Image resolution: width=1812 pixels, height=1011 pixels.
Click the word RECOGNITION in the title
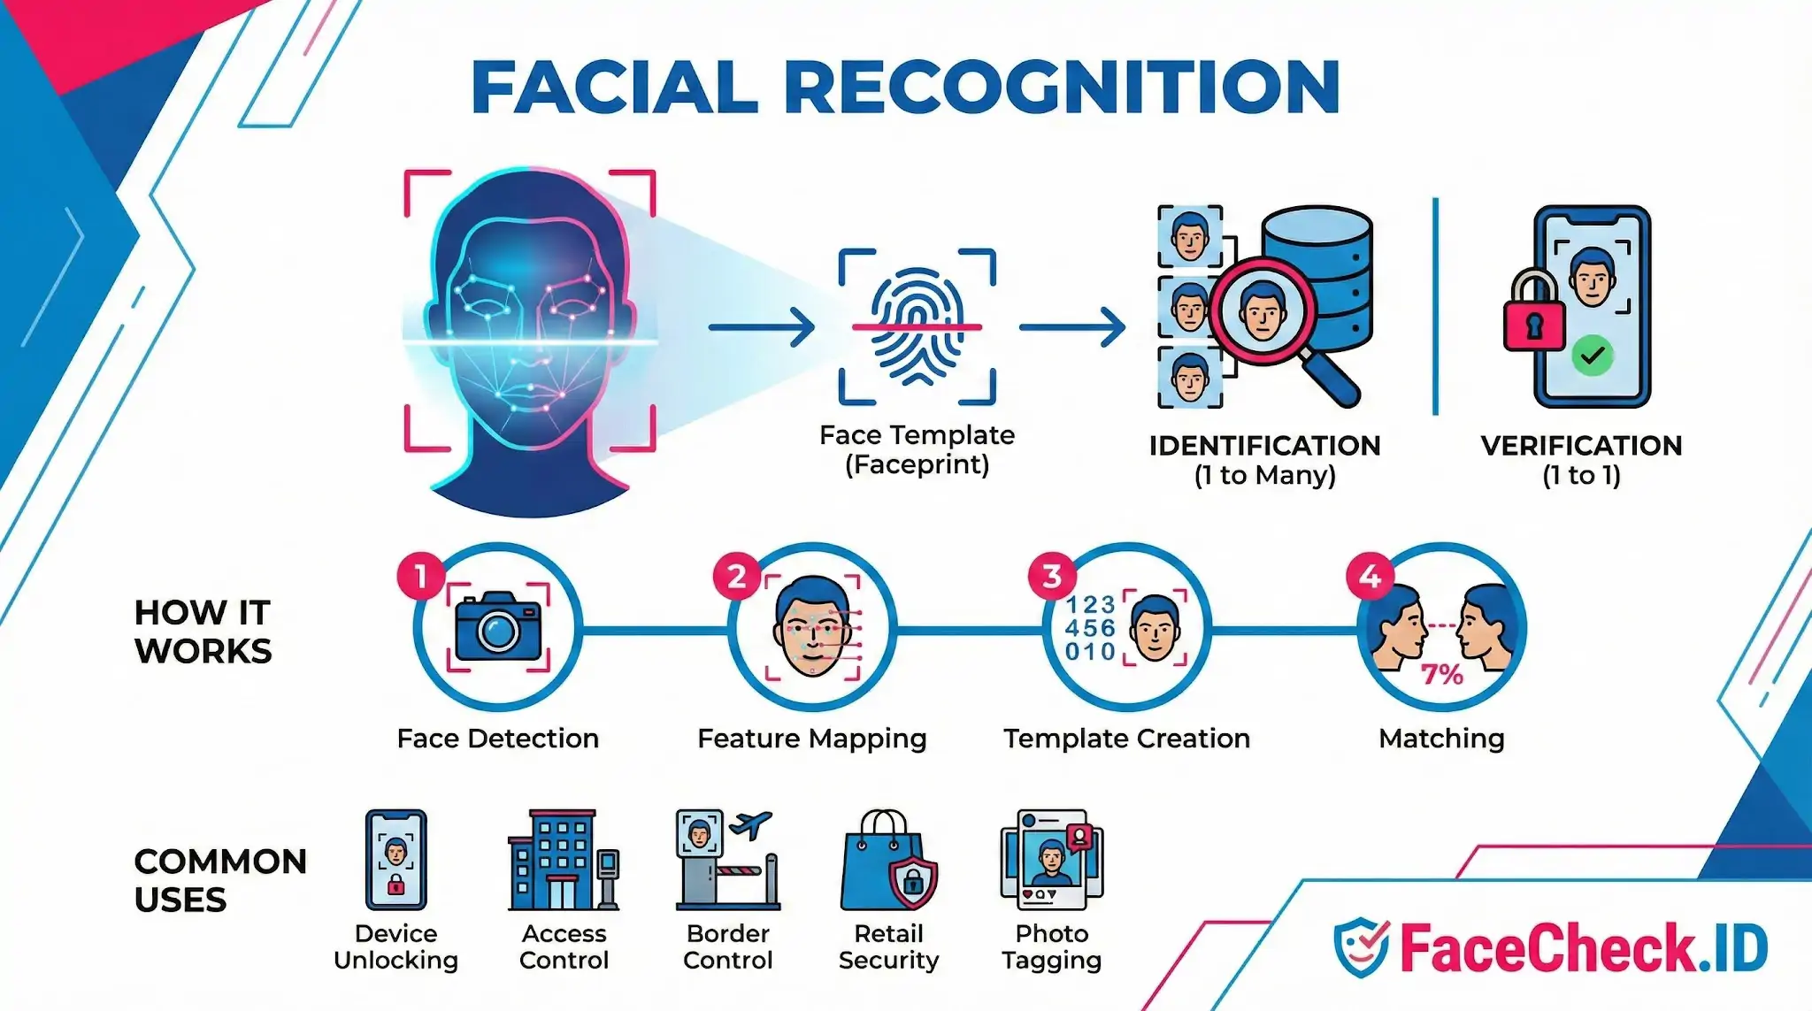(x=1062, y=87)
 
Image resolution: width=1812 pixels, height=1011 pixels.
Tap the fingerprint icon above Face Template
(x=917, y=326)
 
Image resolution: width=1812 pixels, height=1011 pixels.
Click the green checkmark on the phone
(x=1593, y=356)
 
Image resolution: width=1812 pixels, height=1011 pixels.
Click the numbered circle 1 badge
(x=421, y=577)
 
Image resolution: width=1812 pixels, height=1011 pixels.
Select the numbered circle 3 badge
(x=1051, y=577)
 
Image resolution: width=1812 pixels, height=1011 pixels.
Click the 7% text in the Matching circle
(x=1441, y=675)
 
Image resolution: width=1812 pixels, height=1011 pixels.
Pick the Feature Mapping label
(x=811, y=739)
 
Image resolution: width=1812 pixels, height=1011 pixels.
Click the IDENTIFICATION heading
(x=1264, y=446)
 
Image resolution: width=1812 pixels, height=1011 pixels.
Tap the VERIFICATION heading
(x=1581, y=446)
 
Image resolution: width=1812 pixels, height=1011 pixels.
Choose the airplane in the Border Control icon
(x=749, y=824)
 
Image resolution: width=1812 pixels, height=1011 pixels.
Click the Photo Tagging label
(x=1051, y=946)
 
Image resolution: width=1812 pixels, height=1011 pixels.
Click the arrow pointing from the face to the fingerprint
(x=761, y=327)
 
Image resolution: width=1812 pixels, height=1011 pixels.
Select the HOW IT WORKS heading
(x=203, y=632)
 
